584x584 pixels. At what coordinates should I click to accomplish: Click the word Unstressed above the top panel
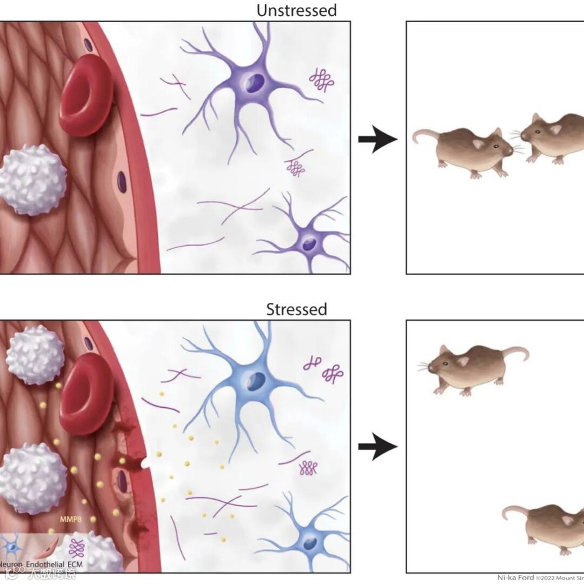click(x=296, y=10)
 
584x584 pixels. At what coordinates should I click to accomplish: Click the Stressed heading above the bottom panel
click(x=296, y=309)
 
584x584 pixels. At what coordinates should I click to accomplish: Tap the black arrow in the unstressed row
click(x=377, y=140)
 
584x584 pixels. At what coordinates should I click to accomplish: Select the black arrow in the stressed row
click(x=377, y=447)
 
